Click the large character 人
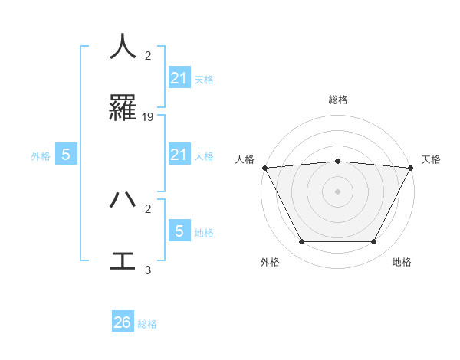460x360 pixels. (123, 46)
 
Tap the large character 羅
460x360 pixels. (123, 109)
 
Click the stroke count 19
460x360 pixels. (148, 117)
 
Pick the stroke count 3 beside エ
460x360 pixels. (148, 270)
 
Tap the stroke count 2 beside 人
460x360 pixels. (148, 55)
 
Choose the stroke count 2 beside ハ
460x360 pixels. (148, 208)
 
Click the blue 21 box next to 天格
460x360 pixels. (179, 78)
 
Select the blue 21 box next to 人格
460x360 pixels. (179, 155)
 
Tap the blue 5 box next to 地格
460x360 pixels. (179, 231)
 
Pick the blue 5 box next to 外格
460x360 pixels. (66, 155)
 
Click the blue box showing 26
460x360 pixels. (123, 322)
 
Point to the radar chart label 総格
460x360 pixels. (338, 100)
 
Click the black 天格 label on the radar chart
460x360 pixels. (431, 159)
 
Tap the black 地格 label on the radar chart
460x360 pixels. (402, 262)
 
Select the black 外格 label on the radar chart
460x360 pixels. (270, 262)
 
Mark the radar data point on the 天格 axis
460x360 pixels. (411, 168)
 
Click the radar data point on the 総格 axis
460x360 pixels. (338, 161)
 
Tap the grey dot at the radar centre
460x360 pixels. (338, 191)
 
